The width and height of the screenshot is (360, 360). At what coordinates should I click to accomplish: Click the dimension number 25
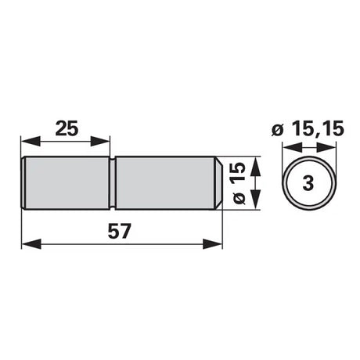pos(67,128)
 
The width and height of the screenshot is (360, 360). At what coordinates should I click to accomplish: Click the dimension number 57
pos(119,231)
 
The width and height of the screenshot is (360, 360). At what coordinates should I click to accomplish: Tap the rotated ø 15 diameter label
pos(239,183)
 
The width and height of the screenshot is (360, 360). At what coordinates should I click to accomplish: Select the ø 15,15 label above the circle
pos(308,129)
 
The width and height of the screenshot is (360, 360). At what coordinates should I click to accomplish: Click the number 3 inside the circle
pos(308,183)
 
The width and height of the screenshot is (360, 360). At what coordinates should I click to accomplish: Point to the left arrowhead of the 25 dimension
pos(31,142)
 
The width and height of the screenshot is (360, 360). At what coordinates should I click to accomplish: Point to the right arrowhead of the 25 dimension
pos(100,142)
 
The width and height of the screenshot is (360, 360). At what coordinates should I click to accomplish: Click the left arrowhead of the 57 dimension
pos(31,244)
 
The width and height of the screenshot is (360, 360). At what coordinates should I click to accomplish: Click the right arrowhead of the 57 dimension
pos(212,244)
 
